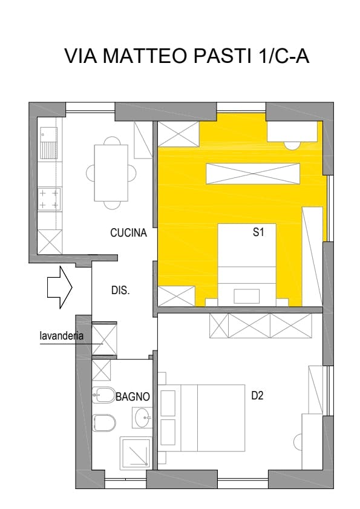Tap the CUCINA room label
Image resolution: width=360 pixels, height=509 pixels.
[128, 233]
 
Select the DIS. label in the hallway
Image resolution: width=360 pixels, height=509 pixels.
[120, 290]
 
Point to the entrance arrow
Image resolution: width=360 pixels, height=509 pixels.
[60, 287]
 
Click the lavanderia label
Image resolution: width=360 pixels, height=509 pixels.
[61, 336]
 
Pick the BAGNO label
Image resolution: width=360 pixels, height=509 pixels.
[133, 396]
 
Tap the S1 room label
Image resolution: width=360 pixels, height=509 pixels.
[258, 232]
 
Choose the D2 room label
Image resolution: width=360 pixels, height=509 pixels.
[257, 396]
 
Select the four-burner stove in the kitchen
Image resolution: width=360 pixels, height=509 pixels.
[50, 199]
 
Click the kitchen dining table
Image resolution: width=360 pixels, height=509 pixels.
[111, 173]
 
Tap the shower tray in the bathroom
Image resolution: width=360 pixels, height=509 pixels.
[136, 453]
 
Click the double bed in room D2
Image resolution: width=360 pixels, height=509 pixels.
[201, 418]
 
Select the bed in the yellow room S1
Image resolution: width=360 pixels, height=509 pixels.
[247, 264]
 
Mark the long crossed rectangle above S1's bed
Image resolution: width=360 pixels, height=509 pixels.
[253, 174]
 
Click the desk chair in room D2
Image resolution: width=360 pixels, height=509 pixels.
[298, 442]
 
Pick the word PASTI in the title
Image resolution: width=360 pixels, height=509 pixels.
[223, 56]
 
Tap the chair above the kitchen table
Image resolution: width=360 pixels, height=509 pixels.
[111, 141]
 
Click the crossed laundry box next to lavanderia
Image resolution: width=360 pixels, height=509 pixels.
[104, 338]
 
